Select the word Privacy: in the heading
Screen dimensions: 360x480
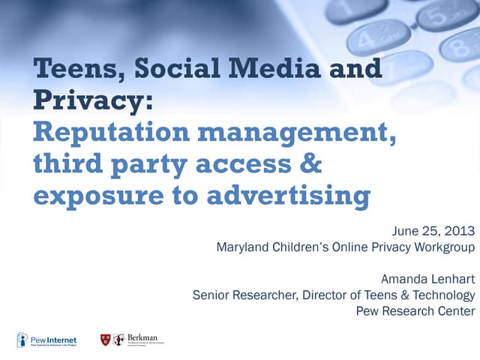(x=94, y=102)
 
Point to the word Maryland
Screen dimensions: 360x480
(x=241, y=246)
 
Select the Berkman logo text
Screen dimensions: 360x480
(x=142, y=338)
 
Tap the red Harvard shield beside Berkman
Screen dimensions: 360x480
(x=106, y=340)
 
